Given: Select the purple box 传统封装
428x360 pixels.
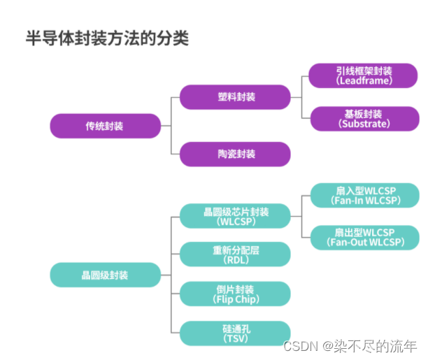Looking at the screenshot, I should pos(105,126).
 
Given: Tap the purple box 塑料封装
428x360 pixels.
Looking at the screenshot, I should pos(235,97).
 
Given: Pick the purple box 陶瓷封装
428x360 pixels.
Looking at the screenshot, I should pos(235,154).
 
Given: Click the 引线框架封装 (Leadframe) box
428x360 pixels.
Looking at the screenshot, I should pos(364,75).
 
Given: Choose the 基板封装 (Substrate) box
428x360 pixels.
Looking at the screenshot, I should pos(364,118).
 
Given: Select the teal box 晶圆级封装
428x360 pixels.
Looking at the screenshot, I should pos(105,275).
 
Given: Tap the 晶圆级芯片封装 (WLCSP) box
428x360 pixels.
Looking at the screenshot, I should pos(235,215).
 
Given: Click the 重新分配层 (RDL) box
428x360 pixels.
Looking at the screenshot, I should pos(235,254).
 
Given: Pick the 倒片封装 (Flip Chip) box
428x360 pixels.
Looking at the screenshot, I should pos(235,294).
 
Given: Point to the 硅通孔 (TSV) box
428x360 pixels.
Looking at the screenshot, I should pos(235,333).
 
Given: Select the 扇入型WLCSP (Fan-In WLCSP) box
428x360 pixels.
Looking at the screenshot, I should pos(364,195).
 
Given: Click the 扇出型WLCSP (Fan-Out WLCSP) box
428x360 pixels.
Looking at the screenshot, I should pos(364,237).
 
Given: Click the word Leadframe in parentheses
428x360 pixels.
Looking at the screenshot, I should pos(364,81).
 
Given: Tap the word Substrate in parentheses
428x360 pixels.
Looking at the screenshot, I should pos(364,124).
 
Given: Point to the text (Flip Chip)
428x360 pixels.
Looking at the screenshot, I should pos(235,299).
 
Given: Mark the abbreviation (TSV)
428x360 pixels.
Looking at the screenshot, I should pos(235,338).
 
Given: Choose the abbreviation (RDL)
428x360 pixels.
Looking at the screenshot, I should pos(235,260).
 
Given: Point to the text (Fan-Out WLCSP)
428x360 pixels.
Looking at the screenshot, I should pos(365,243).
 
